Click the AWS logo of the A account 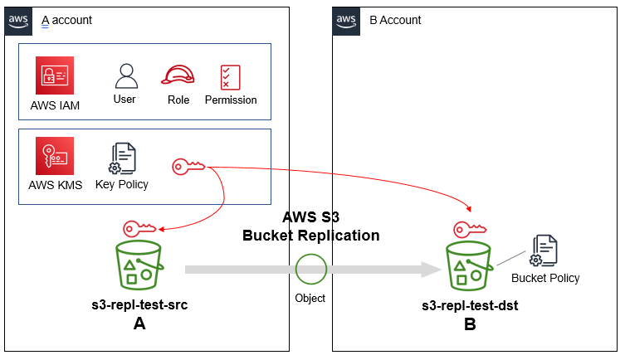(18, 19)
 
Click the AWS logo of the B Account (346, 19)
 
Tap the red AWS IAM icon (55, 75)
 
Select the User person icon (125, 75)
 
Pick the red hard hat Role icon (178, 75)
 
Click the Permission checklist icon (230, 76)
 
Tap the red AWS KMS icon (55, 157)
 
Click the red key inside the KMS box (188, 167)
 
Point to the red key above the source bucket (139, 228)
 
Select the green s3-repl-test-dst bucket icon (469, 266)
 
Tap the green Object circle (311, 270)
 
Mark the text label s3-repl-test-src (139, 305)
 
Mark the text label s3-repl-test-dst (470, 305)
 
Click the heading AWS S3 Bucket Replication (310, 226)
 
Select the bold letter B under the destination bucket (470, 324)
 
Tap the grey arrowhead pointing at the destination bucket (430, 270)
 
